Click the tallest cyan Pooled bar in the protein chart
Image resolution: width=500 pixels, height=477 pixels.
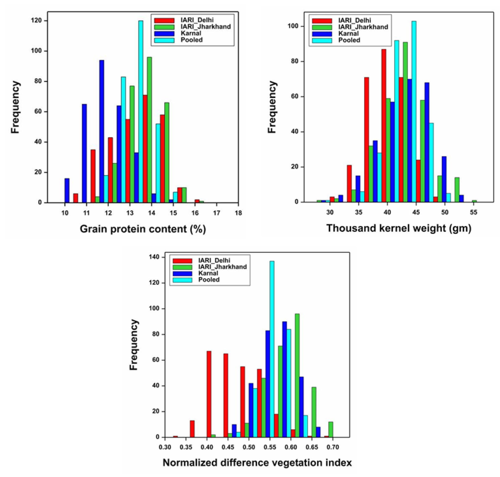[141, 112]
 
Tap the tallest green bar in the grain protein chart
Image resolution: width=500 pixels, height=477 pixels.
[149, 130]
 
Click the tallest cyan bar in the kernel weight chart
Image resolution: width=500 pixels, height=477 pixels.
[414, 112]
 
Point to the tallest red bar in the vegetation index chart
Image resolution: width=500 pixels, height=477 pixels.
[209, 394]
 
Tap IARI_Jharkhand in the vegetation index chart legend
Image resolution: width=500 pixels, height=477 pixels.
[222, 267]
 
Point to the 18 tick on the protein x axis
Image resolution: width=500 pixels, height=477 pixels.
[238, 213]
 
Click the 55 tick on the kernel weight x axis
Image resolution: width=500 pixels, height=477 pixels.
[474, 212]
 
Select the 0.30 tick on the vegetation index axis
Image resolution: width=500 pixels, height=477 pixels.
[165, 447]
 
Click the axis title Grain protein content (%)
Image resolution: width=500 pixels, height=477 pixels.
[143, 229]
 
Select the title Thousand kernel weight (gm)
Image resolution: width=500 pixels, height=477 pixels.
[399, 228]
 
